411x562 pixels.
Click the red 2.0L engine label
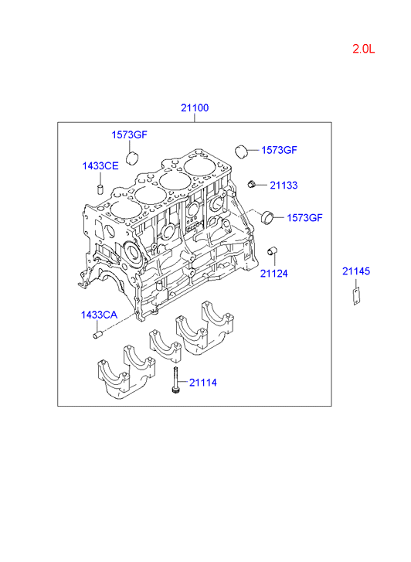click(363, 49)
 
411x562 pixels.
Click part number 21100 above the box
click(195, 108)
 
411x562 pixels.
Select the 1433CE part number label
click(100, 166)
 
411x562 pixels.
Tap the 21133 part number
click(284, 186)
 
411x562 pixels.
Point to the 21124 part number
click(274, 274)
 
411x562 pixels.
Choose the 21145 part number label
click(356, 271)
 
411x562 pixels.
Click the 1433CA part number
click(99, 315)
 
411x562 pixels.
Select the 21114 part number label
click(203, 383)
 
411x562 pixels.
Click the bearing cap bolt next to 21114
click(175, 380)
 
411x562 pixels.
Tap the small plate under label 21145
click(356, 296)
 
